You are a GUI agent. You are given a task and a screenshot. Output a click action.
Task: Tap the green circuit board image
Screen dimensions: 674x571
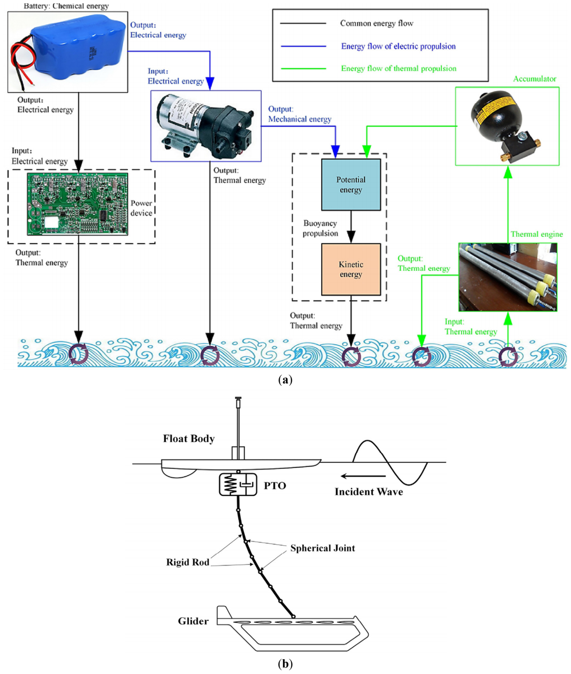78,203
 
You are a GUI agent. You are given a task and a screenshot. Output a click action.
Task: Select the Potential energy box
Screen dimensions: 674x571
351,185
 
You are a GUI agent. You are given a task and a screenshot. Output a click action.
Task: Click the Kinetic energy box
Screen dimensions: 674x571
351,269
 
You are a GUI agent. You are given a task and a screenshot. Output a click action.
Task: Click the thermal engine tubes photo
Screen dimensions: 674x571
508,277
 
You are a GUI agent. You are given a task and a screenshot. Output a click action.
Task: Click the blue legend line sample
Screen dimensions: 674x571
303,46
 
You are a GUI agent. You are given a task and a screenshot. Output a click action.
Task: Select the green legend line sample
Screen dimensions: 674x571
303,68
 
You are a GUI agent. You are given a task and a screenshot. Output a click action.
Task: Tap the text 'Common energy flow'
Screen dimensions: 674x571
377,23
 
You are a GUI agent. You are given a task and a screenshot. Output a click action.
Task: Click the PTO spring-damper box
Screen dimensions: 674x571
238,485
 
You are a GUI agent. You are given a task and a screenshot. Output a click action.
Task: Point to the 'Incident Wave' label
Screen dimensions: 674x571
368,492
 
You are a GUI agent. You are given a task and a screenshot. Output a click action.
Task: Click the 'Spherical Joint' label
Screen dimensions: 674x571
323,548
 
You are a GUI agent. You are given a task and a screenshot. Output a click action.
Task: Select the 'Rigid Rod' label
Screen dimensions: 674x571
187,562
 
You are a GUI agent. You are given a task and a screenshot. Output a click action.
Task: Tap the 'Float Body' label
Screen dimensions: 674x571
188,439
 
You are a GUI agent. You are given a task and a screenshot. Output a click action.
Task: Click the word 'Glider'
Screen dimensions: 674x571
193,621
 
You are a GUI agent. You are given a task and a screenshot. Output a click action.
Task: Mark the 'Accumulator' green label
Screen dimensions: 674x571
535,79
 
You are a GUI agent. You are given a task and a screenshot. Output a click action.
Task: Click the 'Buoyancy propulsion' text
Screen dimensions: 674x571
320,228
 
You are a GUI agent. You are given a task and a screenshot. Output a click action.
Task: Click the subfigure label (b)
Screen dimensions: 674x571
285,663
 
